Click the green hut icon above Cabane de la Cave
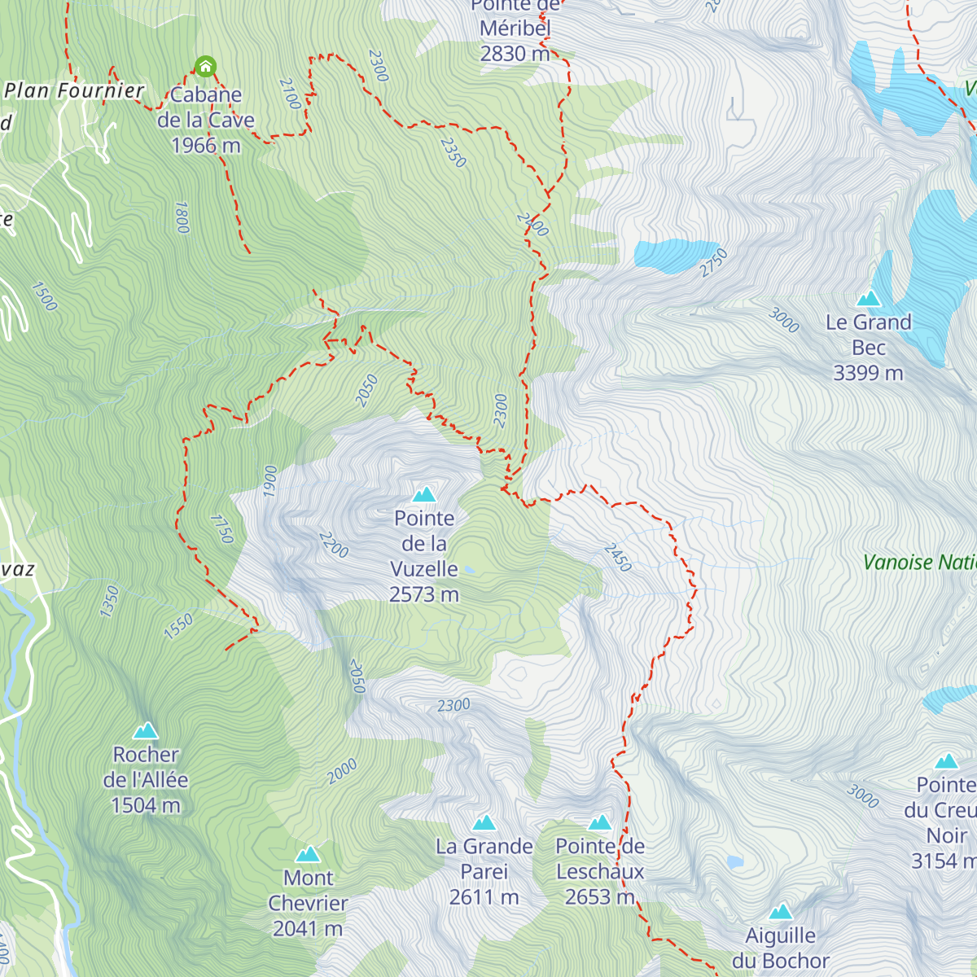click(205, 66)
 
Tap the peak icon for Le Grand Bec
click(869, 298)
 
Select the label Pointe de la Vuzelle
click(424, 556)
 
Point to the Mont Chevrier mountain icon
click(308, 854)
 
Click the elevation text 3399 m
click(868, 373)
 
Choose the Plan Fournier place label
click(74, 90)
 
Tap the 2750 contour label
click(713, 263)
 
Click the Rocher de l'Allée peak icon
click(146, 730)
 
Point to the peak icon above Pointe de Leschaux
click(600, 822)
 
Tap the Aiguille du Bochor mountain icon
click(781, 911)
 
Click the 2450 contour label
click(617, 557)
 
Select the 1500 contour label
click(44, 296)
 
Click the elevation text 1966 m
click(206, 146)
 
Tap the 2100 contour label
click(289, 94)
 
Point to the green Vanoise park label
click(919, 563)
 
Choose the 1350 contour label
click(109, 601)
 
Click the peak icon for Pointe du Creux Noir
click(946, 761)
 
